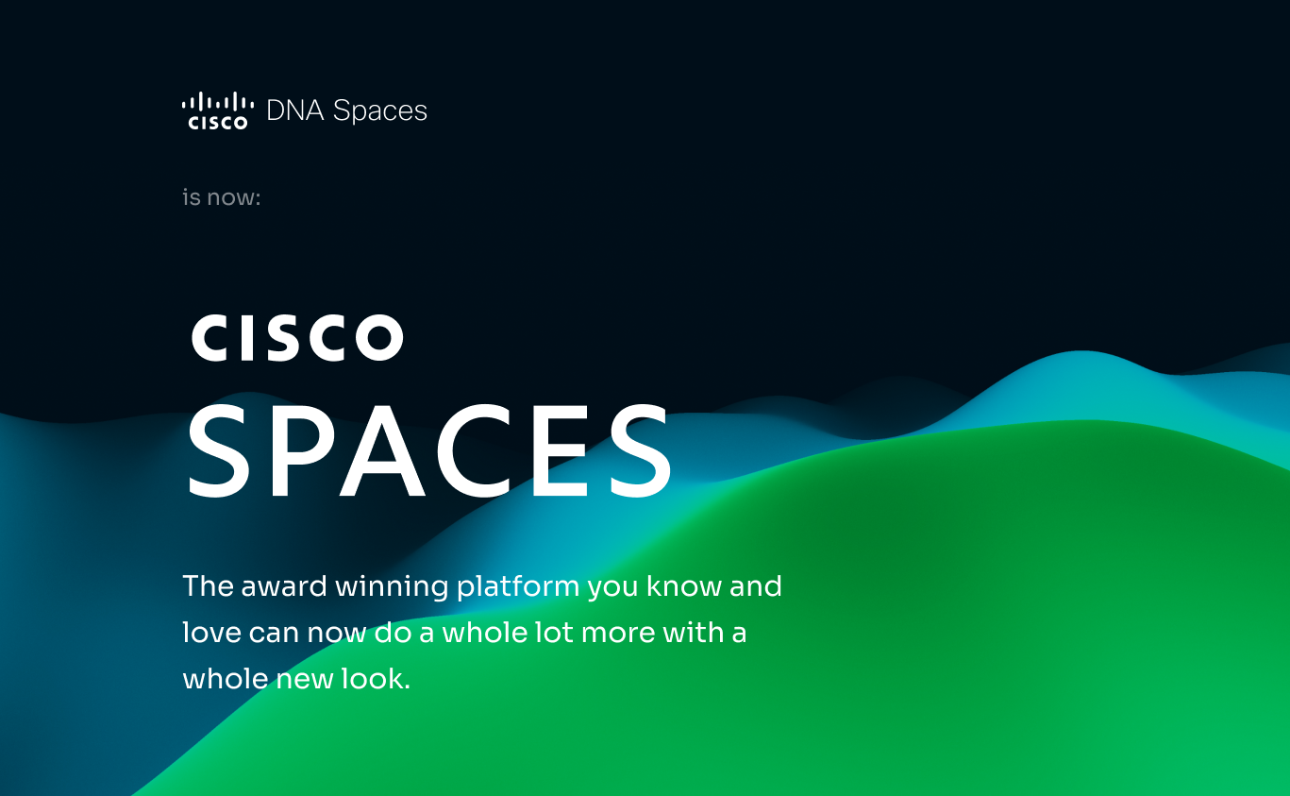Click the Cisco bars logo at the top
[218, 110]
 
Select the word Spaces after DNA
[380, 111]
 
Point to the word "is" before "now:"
[192, 198]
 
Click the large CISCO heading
[297, 337]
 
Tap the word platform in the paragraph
[517, 587]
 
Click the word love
[211, 633]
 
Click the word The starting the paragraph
[208, 586]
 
